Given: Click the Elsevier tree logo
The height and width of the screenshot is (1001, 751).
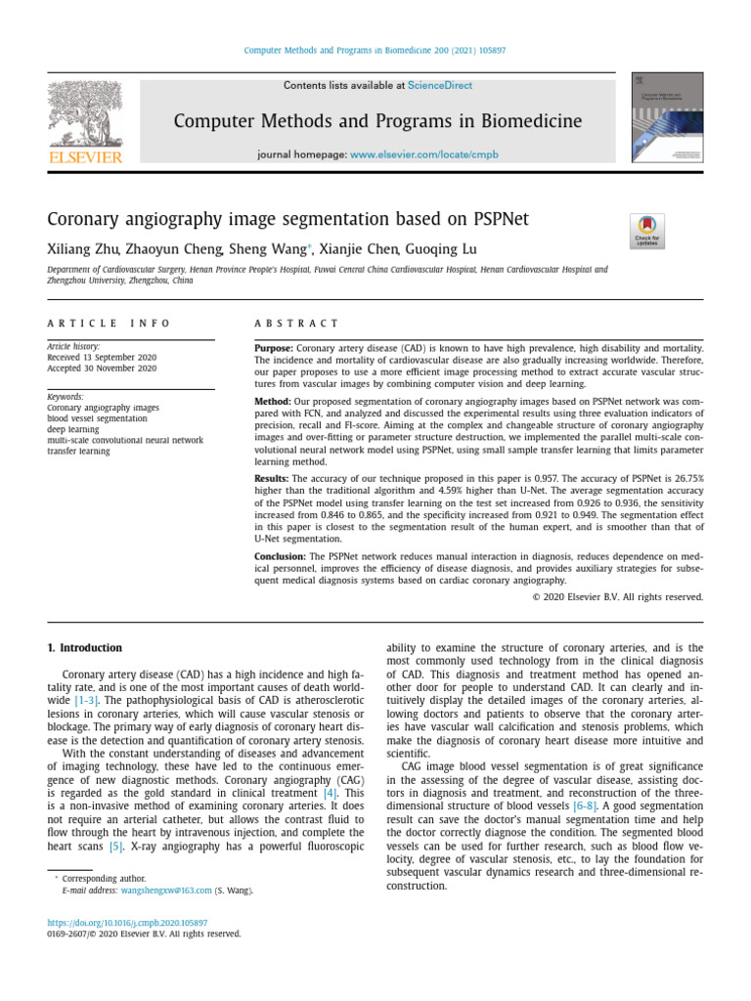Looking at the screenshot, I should (85, 121).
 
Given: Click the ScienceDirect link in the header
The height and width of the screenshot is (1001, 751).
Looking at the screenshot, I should (439, 86).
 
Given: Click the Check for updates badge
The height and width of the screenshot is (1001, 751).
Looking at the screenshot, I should (646, 231).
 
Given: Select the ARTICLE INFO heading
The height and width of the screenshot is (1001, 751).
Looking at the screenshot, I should (109, 324).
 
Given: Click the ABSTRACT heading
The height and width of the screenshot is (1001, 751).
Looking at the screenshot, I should (296, 324).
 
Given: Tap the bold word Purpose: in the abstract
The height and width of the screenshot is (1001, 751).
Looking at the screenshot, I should (274, 348).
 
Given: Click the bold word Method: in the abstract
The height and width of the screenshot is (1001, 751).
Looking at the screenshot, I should (272, 402).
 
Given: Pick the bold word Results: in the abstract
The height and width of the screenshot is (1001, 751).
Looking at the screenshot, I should (273, 478).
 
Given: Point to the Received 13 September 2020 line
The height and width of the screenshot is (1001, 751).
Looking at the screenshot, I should (102, 358).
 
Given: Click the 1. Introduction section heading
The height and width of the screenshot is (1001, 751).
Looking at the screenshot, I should (85, 648).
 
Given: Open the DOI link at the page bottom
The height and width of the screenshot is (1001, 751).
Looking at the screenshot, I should (127, 922).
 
